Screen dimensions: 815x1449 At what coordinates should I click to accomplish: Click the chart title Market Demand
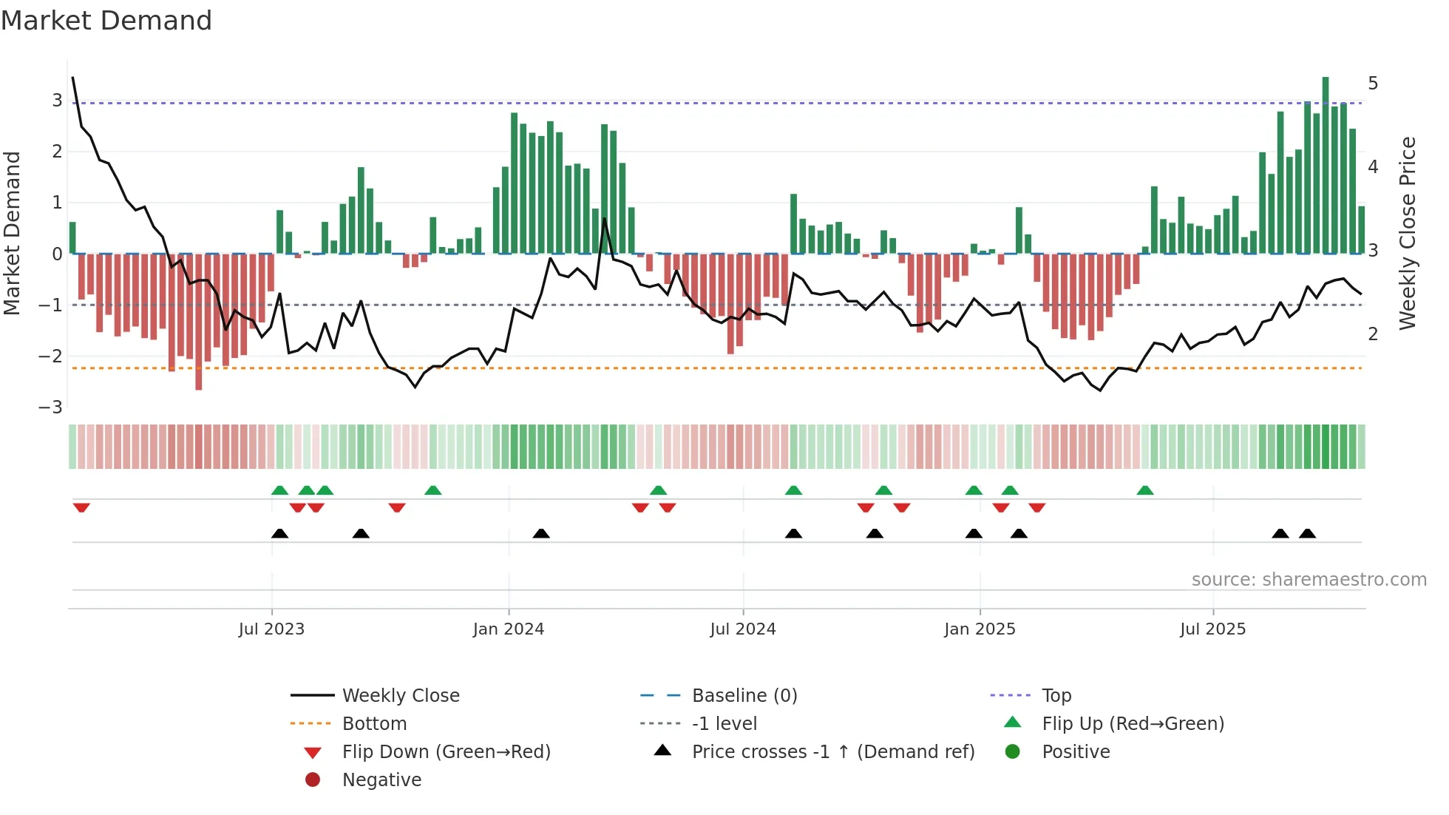(x=106, y=21)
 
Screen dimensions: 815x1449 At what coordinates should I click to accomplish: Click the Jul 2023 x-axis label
(x=271, y=629)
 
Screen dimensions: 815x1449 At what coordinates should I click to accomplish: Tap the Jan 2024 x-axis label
(x=509, y=629)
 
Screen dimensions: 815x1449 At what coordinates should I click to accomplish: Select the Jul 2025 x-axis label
(x=1212, y=629)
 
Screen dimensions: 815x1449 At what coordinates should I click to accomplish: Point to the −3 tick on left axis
(x=50, y=407)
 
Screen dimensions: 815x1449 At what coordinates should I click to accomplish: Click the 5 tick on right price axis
(x=1373, y=84)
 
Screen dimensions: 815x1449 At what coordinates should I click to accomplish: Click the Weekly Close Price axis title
(x=1408, y=233)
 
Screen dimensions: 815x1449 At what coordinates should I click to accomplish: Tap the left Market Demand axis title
(x=12, y=233)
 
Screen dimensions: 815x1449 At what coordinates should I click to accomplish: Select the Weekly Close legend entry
(x=400, y=696)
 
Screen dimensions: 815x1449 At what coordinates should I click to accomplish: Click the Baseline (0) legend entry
(x=744, y=696)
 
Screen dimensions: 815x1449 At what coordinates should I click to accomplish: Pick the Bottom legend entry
(x=374, y=724)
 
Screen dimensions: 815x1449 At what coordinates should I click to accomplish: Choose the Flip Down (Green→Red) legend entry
(x=446, y=752)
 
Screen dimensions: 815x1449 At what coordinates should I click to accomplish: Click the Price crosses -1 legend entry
(x=832, y=752)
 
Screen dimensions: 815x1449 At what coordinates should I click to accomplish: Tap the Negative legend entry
(x=381, y=780)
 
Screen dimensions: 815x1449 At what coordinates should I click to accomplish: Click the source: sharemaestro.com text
(x=1309, y=580)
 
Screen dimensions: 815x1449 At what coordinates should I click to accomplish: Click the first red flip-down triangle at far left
(x=81, y=507)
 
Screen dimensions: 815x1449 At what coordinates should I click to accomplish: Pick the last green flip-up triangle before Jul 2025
(x=1145, y=490)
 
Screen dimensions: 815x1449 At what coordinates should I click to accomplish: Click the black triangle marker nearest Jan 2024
(x=541, y=533)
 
